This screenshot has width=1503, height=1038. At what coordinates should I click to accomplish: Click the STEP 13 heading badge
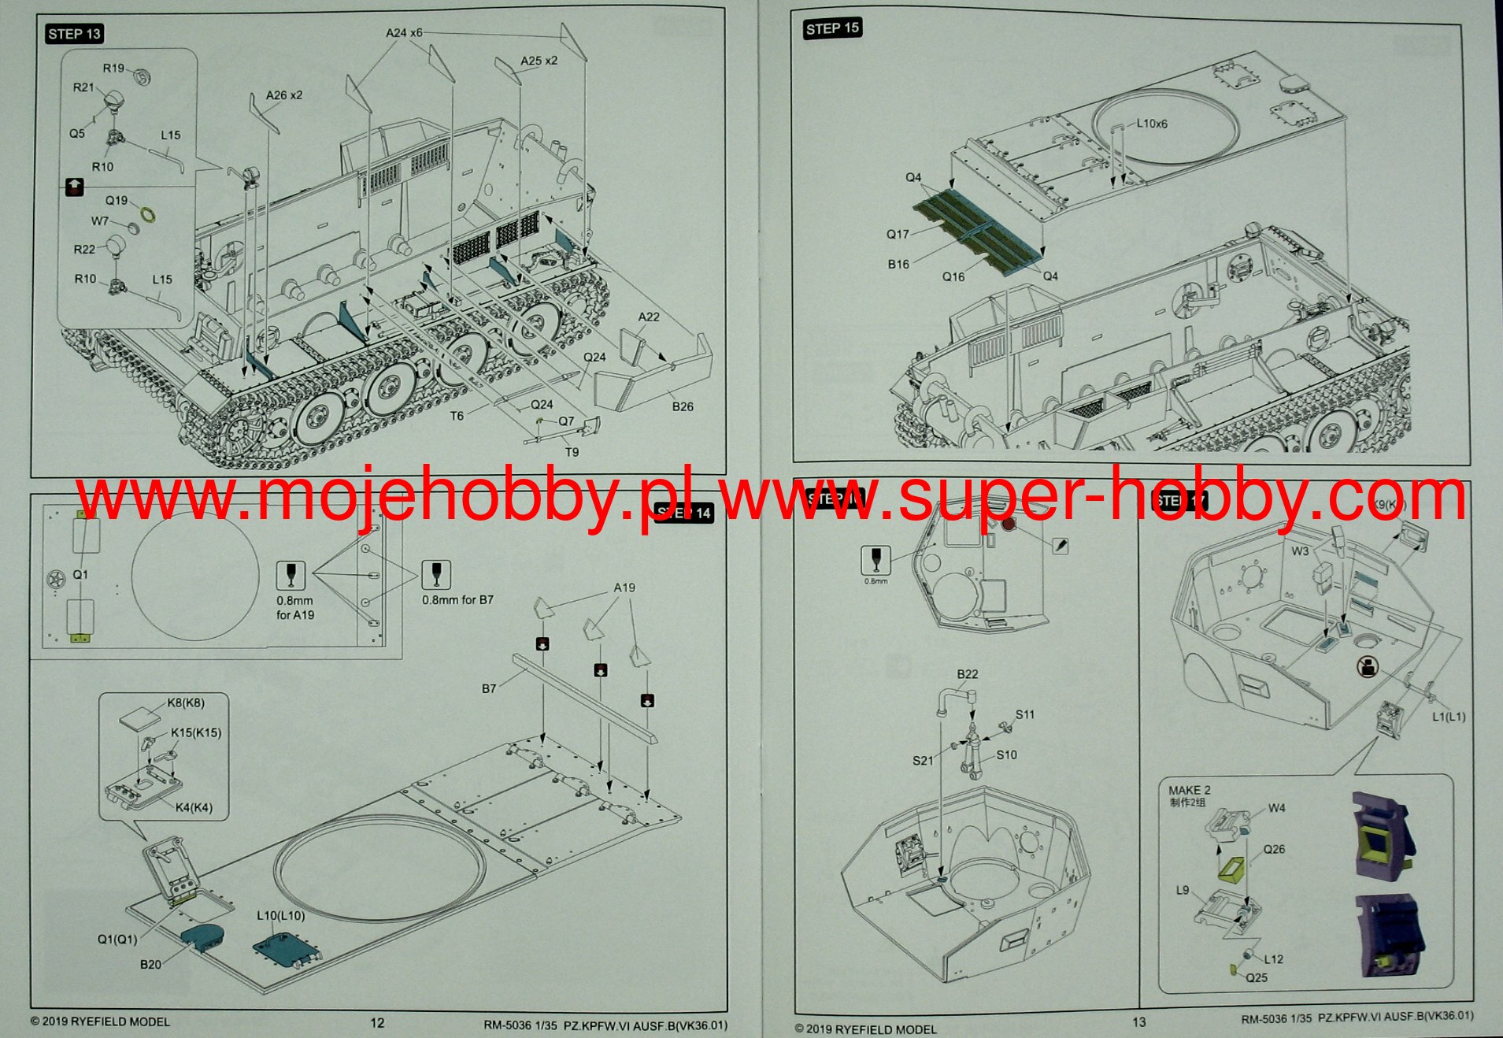coord(74,34)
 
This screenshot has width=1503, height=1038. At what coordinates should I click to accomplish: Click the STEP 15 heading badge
coord(832,28)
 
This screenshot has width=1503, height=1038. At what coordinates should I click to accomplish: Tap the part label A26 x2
coord(283,95)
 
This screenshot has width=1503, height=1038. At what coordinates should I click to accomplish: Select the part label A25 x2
coord(539,61)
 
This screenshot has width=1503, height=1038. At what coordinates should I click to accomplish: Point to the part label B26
coord(682,406)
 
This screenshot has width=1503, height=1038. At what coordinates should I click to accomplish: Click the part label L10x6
coord(1152,124)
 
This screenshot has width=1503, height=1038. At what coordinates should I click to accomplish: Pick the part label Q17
coord(898,234)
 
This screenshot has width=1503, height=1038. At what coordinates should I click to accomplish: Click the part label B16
coord(898,264)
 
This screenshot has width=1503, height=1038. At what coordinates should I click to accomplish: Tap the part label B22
coord(967,674)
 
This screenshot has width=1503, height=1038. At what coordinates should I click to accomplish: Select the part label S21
coord(922,760)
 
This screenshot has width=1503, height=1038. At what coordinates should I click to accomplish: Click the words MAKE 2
coord(1189,790)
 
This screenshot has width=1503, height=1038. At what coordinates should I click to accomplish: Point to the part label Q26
coord(1273,849)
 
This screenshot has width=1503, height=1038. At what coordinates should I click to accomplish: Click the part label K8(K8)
coord(185,703)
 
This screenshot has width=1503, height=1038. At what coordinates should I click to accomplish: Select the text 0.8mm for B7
coord(457,600)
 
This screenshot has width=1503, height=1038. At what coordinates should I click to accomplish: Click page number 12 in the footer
coord(377,1022)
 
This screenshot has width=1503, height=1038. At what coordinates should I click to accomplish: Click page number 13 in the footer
coord(1138,1021)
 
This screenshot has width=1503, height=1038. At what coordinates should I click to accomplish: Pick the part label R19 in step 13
coord(113,69)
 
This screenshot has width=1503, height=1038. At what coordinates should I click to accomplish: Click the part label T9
coord(572,452)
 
